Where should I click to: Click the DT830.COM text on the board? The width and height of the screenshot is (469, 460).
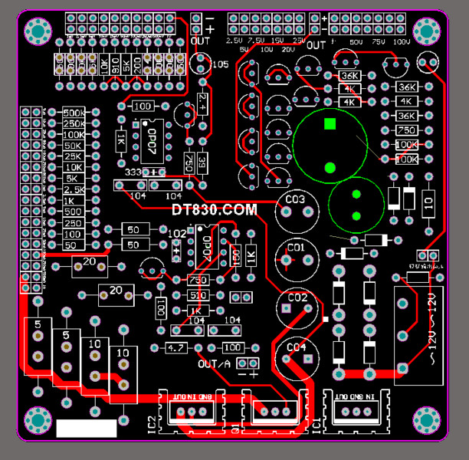[x=214, y=209]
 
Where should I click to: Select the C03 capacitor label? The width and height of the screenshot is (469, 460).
[x=296, y=200]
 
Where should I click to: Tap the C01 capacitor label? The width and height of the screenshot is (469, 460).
[x=296, y=248]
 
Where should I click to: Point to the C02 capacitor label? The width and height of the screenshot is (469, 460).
[x=297, y=297]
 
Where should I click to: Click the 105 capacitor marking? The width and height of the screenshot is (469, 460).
[x=220, y=64]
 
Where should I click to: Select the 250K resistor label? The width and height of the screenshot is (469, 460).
[x=74, y=123]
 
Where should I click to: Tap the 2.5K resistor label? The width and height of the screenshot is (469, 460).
[x=74, y=189]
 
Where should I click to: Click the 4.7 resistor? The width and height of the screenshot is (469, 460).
[x=176, y=349]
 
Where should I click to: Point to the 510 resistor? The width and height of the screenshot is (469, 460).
[x=197, y=295]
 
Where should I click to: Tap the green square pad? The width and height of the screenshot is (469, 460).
[x=330, y=123]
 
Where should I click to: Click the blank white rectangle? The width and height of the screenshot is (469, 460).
[x=87, y=427]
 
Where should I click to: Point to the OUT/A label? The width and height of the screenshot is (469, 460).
[x=214, y=364]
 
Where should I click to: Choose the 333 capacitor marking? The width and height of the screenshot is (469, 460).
[x=133, y=172]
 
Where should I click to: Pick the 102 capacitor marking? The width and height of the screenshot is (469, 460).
[x=176, y=233]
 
